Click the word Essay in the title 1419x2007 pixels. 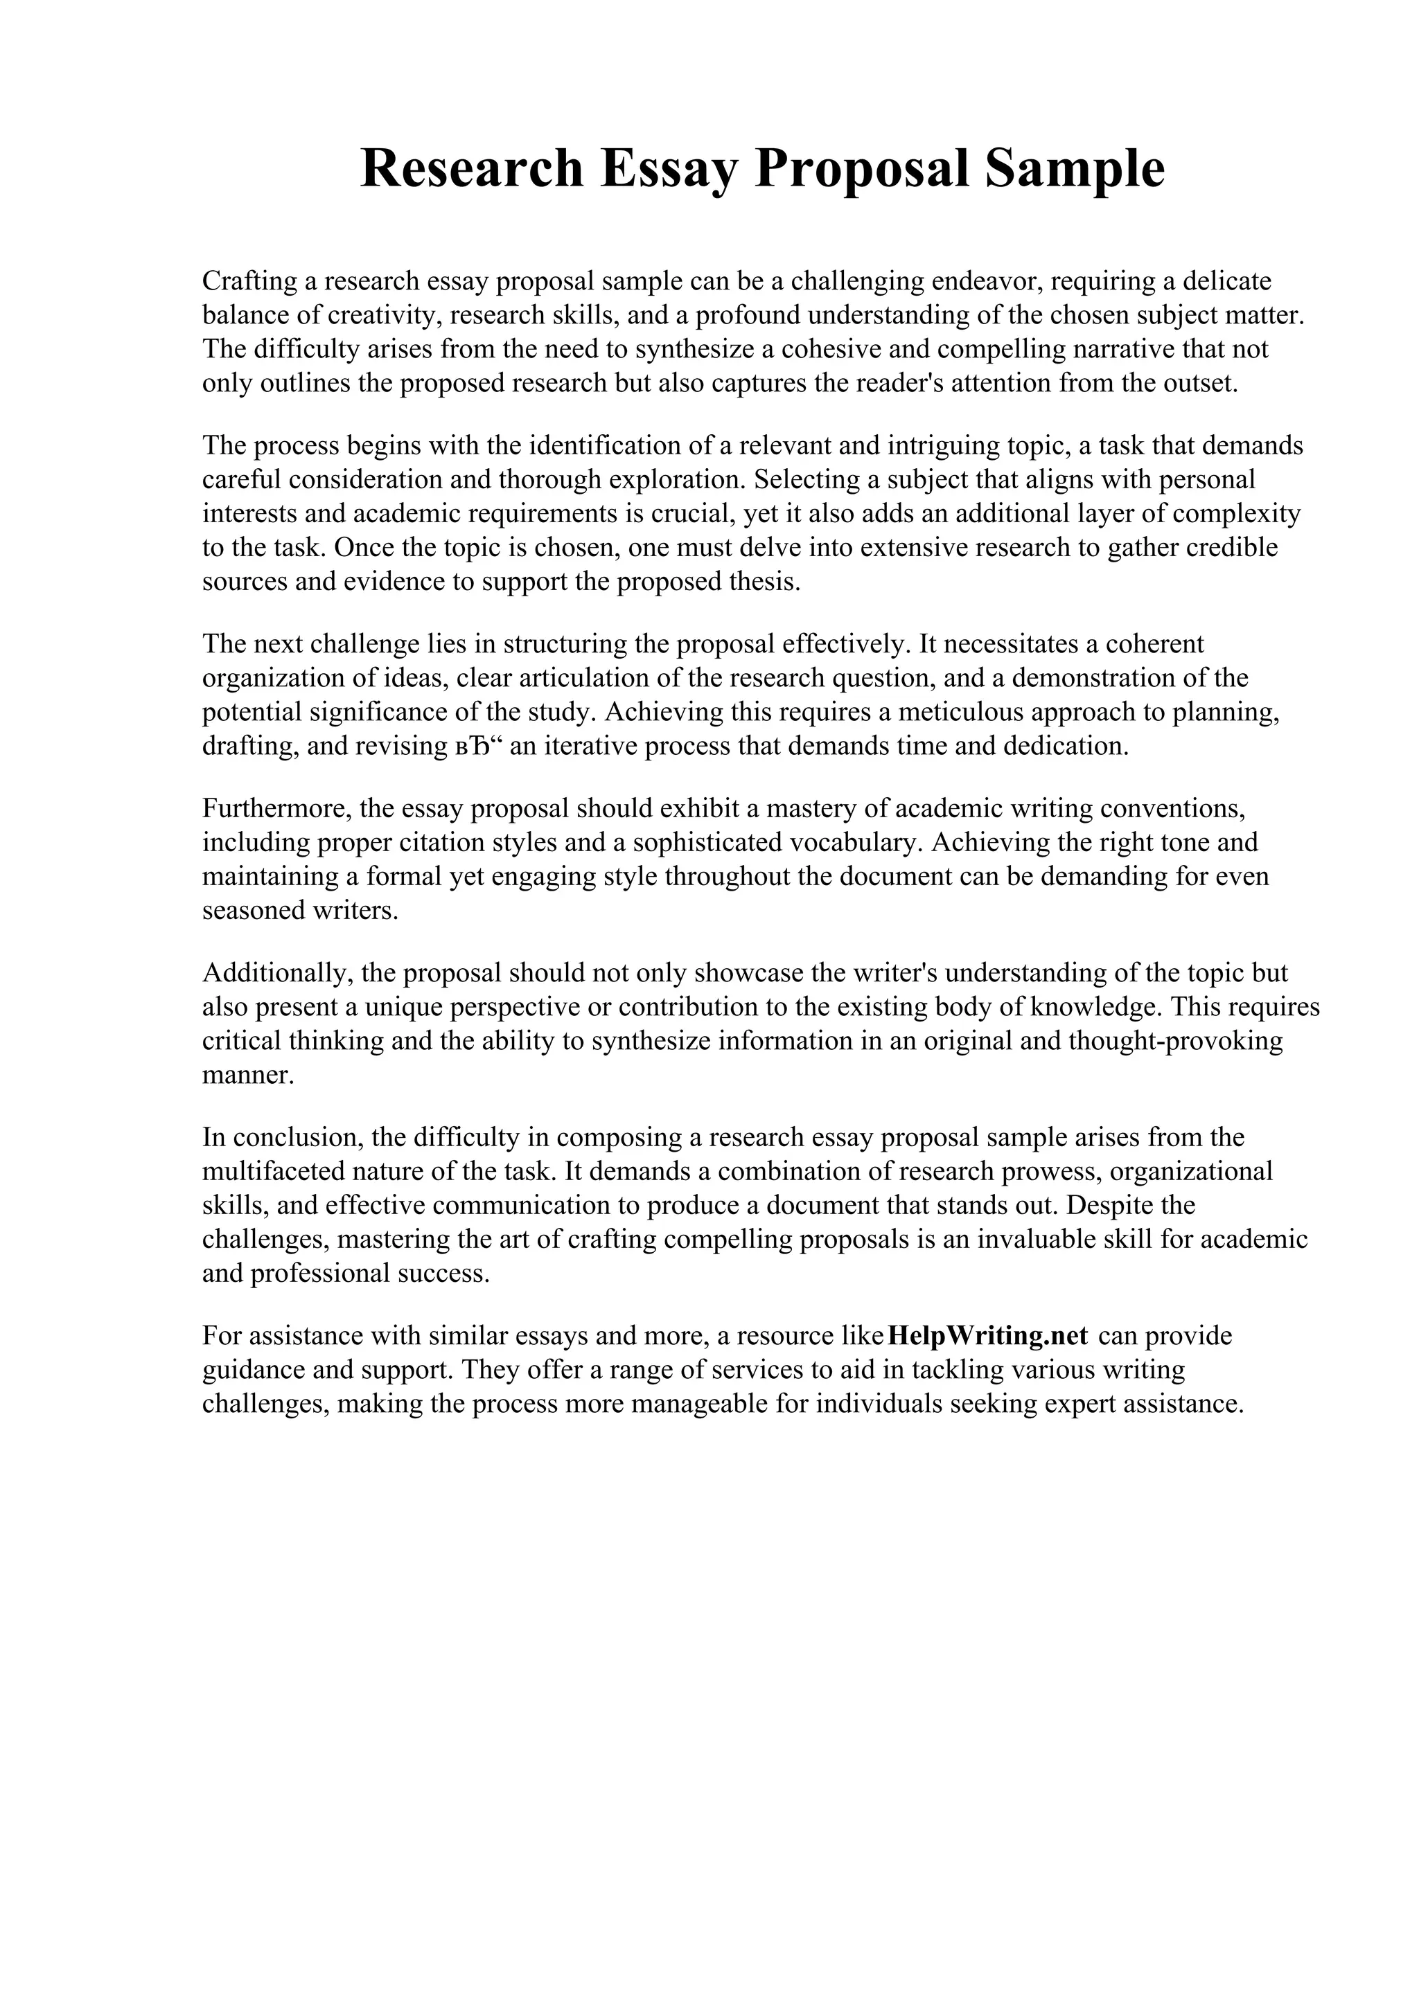(x=669, y=169)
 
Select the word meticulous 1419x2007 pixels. (x=958, y=713)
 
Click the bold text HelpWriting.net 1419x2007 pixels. (x=987, y=1337)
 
